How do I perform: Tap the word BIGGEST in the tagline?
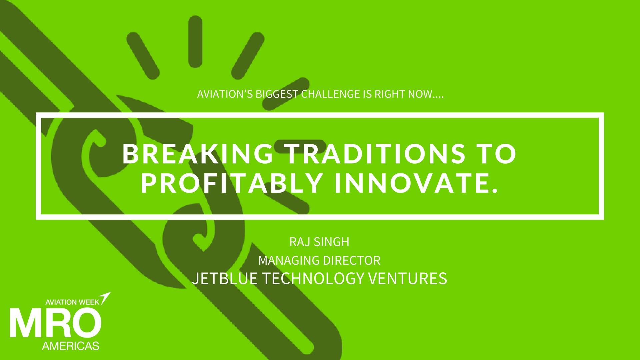pyautogui.click(x=277, y=94)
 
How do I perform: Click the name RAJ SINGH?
pyautogui.click(x=319, y=242)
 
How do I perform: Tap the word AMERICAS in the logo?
pyautogui.click(x=71, y=346)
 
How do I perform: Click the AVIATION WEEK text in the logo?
pyautogui.click(x=72, y=302)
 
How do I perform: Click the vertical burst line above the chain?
pyautogui.click(x=195, y=42)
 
